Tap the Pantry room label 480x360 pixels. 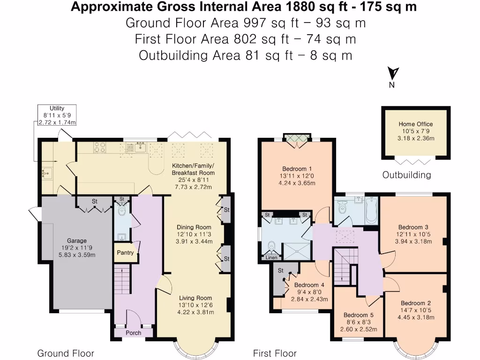tap(125, 253)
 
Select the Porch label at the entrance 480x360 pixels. tap(133, 333)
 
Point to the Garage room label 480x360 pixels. tap(76, 241)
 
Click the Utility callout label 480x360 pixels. tap(57, 108)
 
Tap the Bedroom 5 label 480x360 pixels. tap(359, 315)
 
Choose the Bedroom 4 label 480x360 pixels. tap(309, 285)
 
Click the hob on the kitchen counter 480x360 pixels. tap(100, 148)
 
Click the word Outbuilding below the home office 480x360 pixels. tap(406, 175)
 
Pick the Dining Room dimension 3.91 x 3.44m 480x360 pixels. tap(194, 242)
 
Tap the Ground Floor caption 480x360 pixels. tap(66, 353)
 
